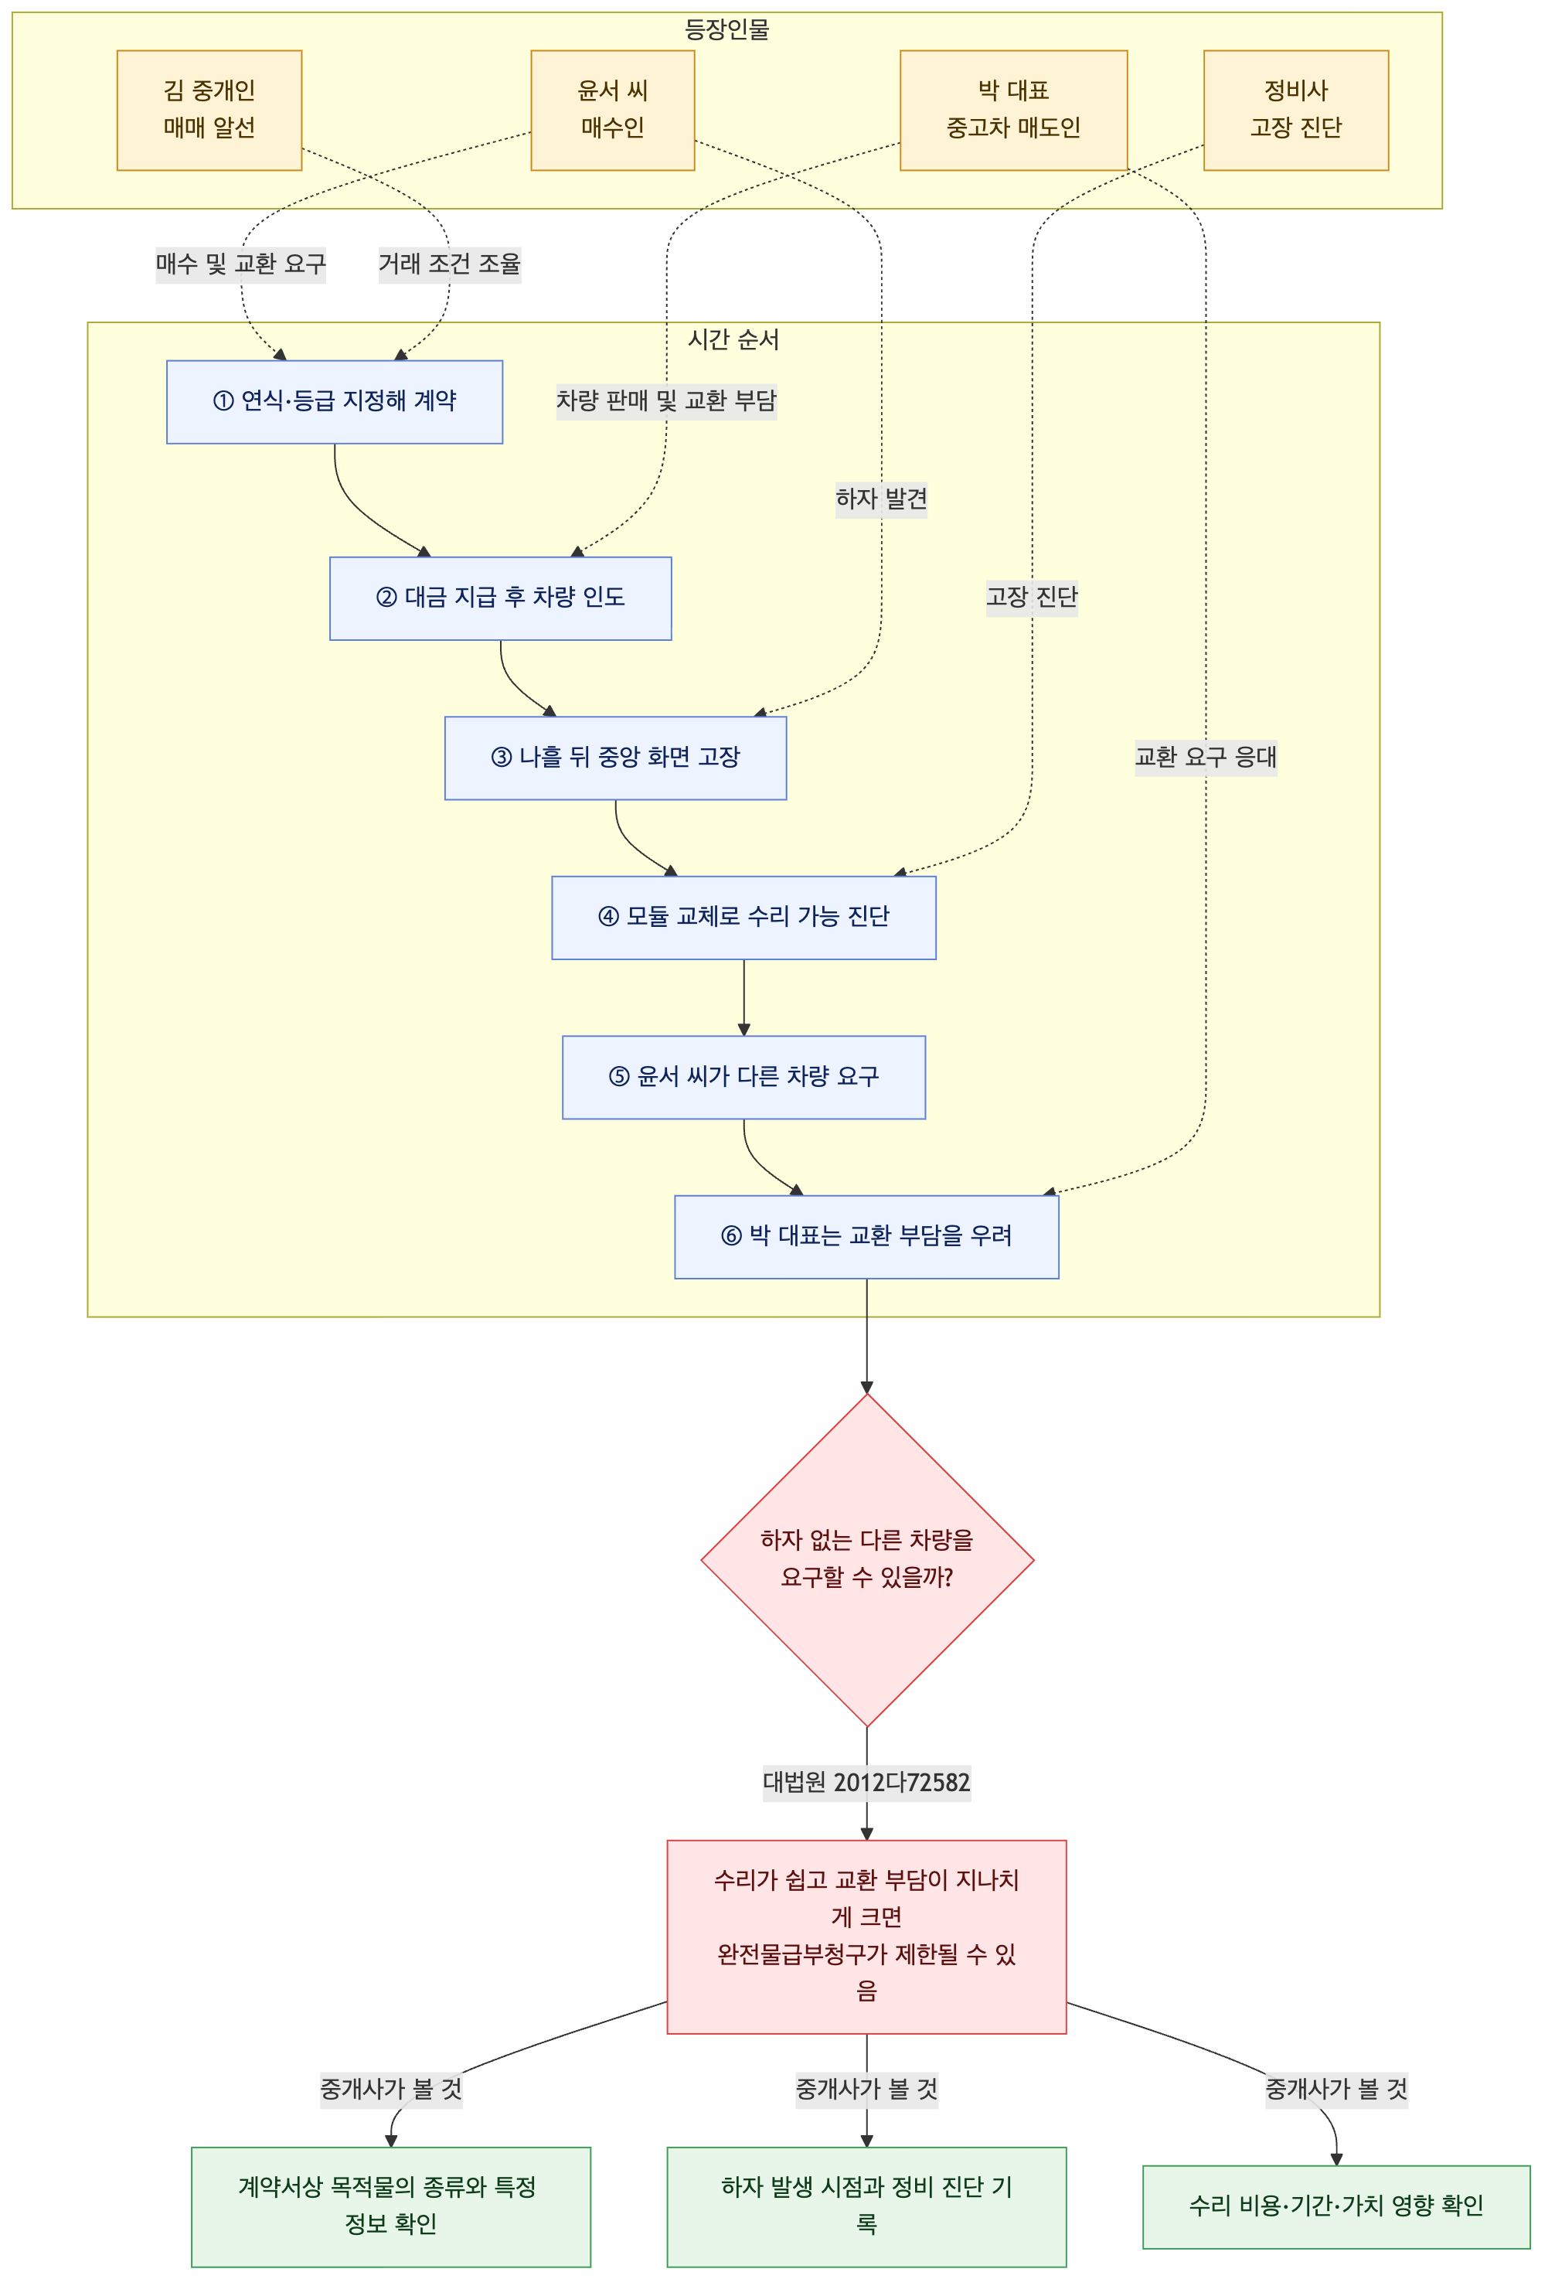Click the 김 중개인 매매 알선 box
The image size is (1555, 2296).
click(209, 110)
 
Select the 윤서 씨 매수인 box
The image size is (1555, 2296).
click(613, 110)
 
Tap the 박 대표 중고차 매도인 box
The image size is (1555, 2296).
click(1014, 110)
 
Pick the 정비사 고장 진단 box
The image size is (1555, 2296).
click(1296, 110)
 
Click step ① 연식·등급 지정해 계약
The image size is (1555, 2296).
click(335, 401)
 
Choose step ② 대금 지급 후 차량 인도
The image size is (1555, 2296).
click(501, 598)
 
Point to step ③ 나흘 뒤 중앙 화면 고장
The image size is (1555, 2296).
click(615, 758)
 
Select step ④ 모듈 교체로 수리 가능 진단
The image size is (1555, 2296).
click(744, 917)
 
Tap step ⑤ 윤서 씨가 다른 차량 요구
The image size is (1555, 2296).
click(744, 1077)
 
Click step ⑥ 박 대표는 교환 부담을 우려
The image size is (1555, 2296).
click(866, 1236)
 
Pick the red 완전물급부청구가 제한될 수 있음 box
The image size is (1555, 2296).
click(866, 1937)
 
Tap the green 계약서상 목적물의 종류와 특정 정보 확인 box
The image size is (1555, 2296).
click(391, 2206)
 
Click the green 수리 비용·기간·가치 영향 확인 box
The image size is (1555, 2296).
click(1337, 2206)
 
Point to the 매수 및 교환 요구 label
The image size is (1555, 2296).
click(240, 264)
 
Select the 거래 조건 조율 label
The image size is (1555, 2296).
click(450, 264)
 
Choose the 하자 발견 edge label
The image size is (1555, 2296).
click(881, 499)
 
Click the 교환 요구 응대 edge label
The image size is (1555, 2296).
click(1205, 758)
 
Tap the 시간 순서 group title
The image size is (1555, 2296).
click(733, 340)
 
